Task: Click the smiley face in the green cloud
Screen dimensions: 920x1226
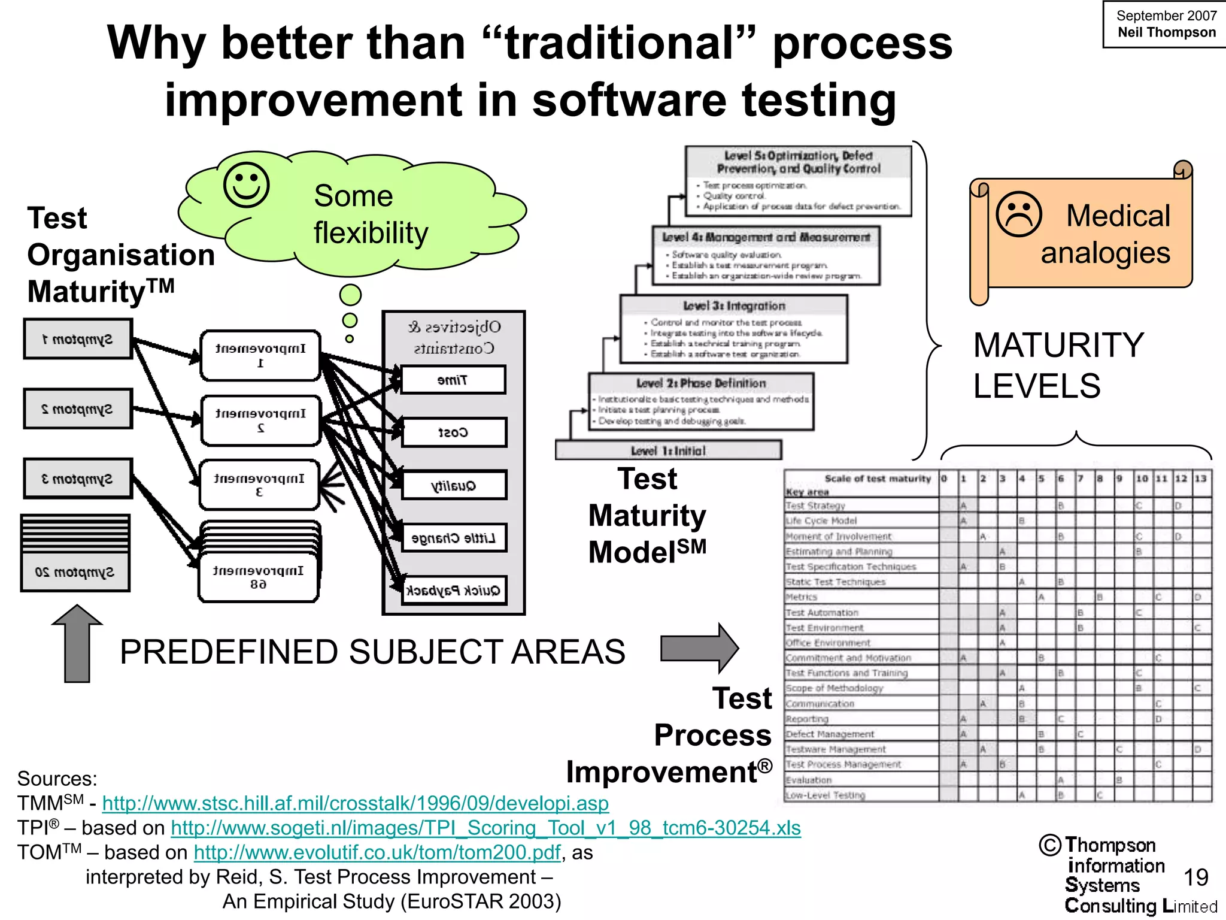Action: coord(246,184)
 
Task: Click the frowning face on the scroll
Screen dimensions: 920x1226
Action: coord(1019,214)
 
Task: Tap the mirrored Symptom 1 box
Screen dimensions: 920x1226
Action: coord(78,339)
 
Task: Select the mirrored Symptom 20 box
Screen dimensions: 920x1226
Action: coord(75,572)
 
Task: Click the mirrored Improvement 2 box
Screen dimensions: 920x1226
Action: coord(260,420)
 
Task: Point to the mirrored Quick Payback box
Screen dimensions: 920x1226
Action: coord(454,591)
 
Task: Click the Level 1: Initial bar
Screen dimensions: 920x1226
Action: coord(668,450)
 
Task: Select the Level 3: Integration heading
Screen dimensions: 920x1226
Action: coord(734,306)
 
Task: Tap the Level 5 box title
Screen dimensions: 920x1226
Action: coord(799,162)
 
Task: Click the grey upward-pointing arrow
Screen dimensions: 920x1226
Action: coord(77,643)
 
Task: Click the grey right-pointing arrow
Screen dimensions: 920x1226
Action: coord(700,648)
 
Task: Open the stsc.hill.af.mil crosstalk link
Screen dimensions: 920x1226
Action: coord(356,803)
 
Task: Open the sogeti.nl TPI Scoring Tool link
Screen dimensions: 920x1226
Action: coord(485,828)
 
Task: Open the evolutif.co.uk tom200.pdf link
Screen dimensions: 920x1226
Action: coord(377,852)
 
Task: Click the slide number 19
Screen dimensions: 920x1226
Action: coord(1195,877)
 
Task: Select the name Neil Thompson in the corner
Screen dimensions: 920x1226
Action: coord(1167,32)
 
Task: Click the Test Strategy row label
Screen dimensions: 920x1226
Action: coord(815,506)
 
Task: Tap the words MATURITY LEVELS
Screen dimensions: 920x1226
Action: coord(1058,365)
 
